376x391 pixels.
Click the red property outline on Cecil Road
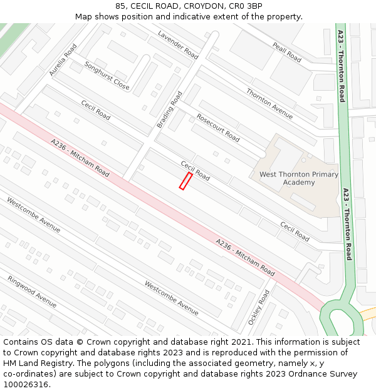tap(185, 181)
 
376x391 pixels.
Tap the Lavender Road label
tap(178, 45)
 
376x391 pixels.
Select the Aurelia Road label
tap(63, 59)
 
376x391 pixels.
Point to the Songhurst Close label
tap(107, 76)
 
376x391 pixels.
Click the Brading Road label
tap(170, 109)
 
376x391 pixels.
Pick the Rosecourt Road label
tap(218, 127)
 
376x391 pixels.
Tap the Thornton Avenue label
tap(269, 103)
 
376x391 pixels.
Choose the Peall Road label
tap(287, 51)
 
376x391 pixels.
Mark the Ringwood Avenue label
tap(32, 292)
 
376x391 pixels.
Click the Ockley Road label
tap(259, 307)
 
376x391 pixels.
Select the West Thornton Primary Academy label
tap(299, 178)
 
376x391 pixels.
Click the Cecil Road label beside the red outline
tap(195, 170)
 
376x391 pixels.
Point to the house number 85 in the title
tap(120, 6)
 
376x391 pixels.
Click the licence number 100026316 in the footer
tap(25, 384)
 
